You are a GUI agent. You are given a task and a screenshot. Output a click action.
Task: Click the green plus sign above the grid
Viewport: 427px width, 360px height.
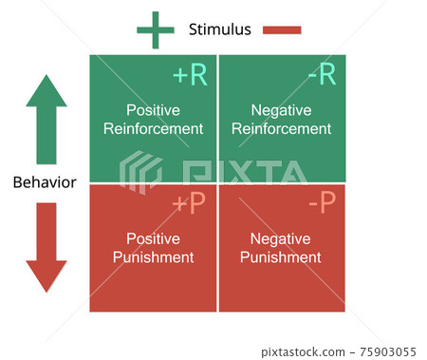[x=156, y=29]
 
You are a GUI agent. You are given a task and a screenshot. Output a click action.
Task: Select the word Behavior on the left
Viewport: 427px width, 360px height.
[x=45, y=182]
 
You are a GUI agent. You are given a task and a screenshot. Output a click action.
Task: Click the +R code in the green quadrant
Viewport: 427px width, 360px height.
[x=190, y=76]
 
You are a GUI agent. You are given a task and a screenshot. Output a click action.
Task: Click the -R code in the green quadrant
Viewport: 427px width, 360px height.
[x=320, y=76]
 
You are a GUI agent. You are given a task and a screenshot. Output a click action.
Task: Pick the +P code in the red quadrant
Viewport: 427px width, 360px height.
[x=190, y=203]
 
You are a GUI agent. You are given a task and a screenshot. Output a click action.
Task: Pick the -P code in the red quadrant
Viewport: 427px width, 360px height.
[x=321, y=203]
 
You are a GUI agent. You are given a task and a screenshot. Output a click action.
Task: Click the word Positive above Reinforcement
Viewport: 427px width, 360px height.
[x=153, y=110]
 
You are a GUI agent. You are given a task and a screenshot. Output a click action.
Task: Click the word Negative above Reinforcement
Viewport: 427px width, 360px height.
[x=281, y=110]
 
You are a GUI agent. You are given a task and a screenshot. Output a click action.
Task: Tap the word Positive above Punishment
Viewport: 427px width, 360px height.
[x=153, y=238]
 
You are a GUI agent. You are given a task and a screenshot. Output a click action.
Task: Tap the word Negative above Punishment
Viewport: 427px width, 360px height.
[x=281, y=238]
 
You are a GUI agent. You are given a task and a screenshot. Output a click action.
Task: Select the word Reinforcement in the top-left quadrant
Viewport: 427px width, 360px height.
[x=153, y=128]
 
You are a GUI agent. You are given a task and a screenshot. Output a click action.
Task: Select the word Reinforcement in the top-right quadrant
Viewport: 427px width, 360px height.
[x=281, y=128]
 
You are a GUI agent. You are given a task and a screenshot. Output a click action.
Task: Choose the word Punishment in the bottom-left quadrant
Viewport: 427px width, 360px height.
[x=153, y=256]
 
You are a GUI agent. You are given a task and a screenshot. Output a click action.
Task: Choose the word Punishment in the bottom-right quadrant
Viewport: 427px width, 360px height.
[x=281, y=256]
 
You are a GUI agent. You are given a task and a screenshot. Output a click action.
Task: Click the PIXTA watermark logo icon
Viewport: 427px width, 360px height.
[x=140, y=172]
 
